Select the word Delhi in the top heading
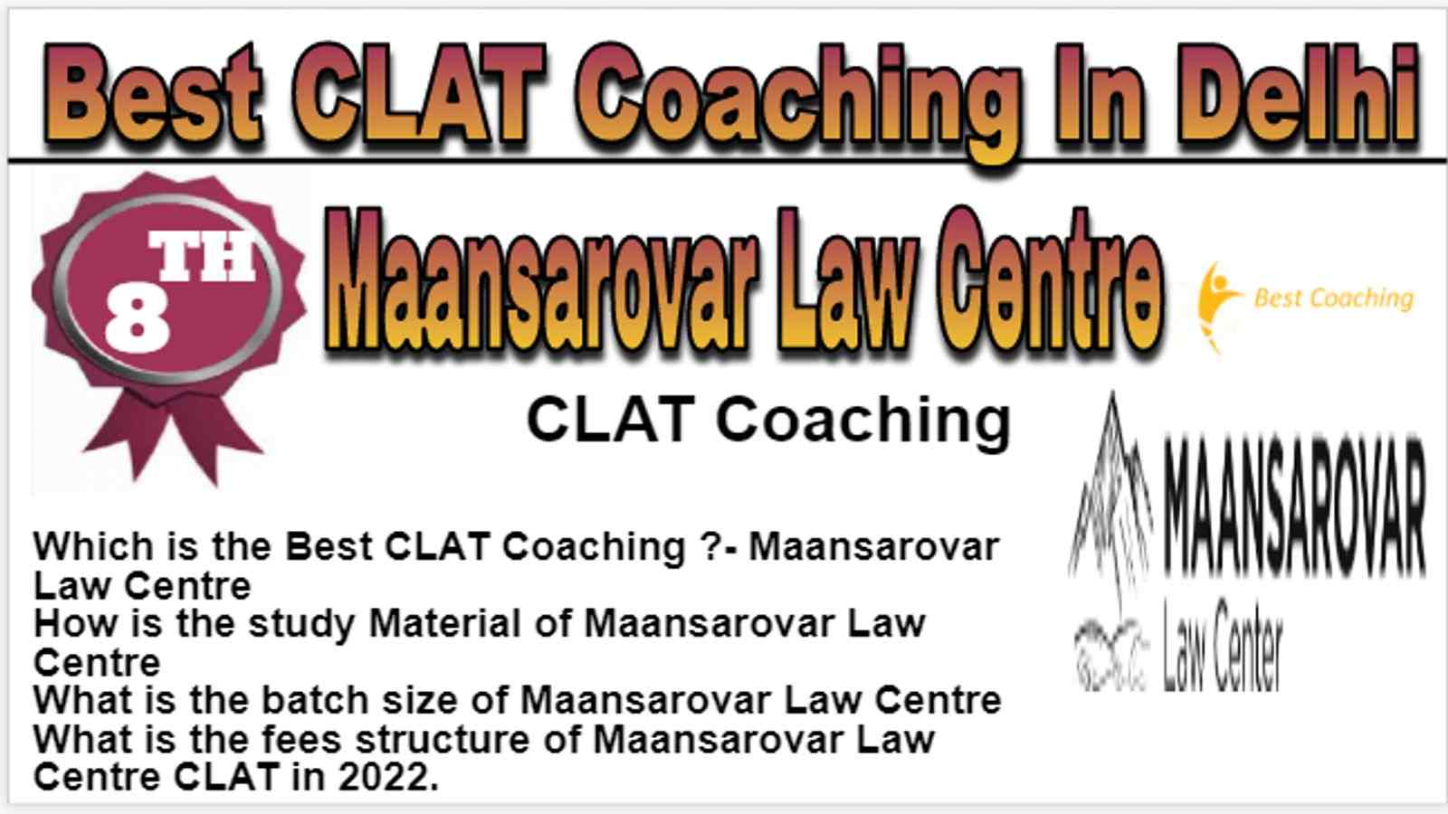(x=1300, y=94)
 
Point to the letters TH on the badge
(x=203, y=257)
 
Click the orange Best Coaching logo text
(x=1334, y=298)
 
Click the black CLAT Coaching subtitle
(x=768, y=421)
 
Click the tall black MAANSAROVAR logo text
(x=1294, y=507)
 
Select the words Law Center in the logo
(x=1222, y=645)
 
